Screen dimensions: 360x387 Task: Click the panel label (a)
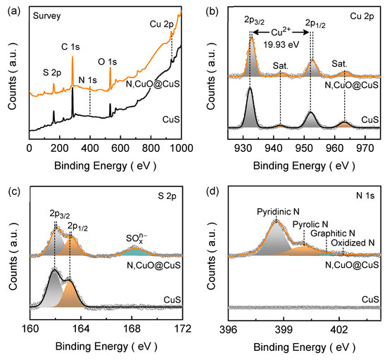coord(9,6)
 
